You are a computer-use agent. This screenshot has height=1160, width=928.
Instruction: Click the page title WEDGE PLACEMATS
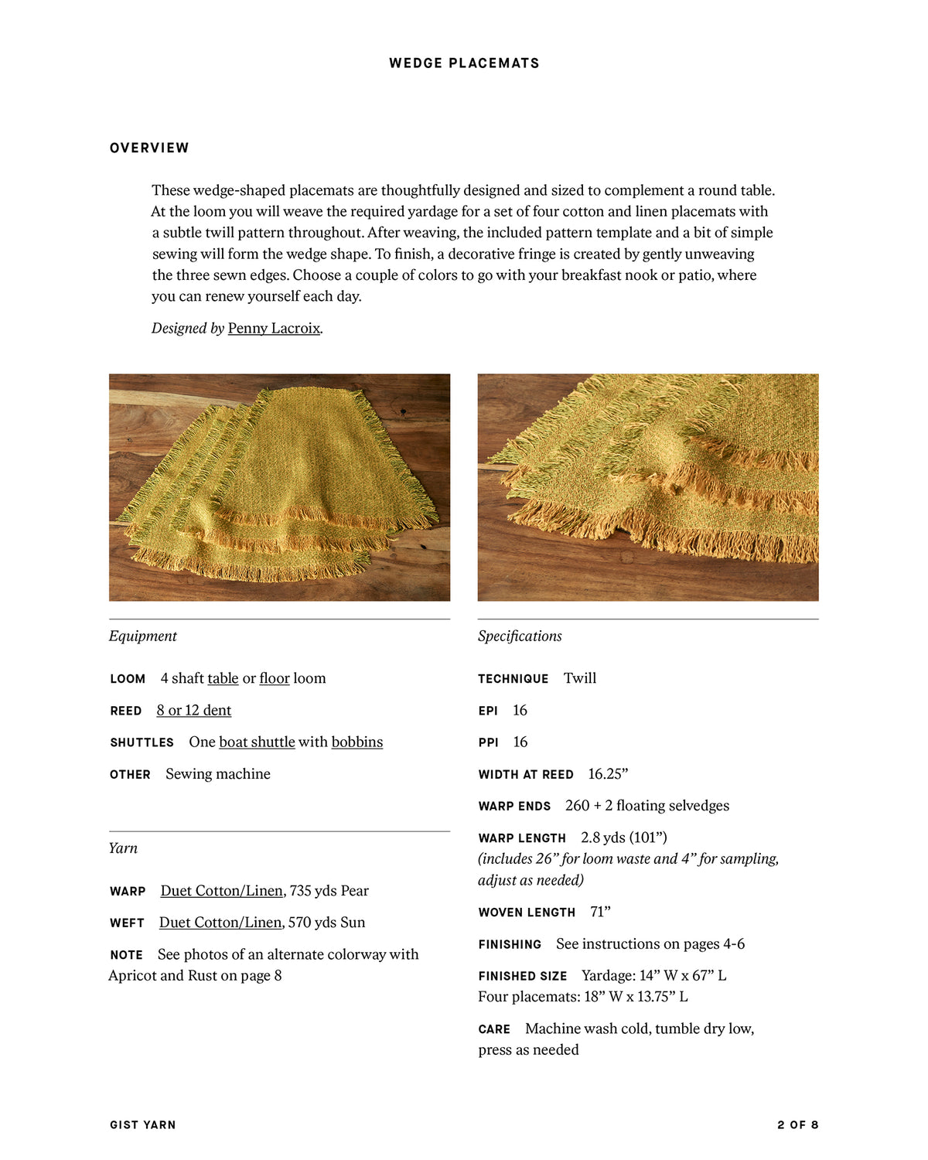click(x=464, y=63)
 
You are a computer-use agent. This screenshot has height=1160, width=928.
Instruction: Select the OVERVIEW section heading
click(x=149, y=148)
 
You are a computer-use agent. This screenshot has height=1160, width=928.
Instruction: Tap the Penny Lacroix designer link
click(x=274, y=328)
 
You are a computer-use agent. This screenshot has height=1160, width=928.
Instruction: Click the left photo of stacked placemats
click(x=279, y=487)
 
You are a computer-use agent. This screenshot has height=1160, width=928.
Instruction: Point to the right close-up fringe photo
click(x=648, y=487)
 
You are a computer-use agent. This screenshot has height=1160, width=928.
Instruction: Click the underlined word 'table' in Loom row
click(x=223, y=678)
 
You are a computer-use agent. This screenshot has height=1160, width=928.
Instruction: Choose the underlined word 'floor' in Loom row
click(x=275, y=678)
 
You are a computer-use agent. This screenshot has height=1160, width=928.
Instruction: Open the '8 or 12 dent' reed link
click(x=193, y=710)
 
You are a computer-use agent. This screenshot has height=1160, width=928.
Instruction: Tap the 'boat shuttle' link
click(x=257, y=742)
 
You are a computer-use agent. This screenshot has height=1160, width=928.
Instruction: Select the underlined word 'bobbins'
click(x=357, y=742)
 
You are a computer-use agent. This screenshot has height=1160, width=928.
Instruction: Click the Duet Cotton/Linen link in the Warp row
click(x=222, y=891)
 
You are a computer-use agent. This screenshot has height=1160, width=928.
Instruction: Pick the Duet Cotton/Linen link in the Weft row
click(x=220, y=923)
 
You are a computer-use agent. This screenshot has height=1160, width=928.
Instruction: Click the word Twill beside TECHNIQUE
click(x=580, y=678)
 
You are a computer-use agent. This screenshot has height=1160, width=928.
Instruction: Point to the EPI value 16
click(x=520, y=710)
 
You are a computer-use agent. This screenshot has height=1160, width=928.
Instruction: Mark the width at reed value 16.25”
click(x=608, y=774)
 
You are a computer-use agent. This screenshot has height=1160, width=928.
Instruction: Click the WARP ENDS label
click(x=514, y=807)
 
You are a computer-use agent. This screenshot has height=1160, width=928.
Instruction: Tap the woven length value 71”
click(x=600, y=913)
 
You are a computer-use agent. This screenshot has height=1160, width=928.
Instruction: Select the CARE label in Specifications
click(x=494, y=1029)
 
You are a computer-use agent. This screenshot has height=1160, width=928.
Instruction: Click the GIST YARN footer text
click(x=143, y=1125)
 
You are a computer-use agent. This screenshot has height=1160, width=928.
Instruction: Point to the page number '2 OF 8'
click(x=797, y=1125)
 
